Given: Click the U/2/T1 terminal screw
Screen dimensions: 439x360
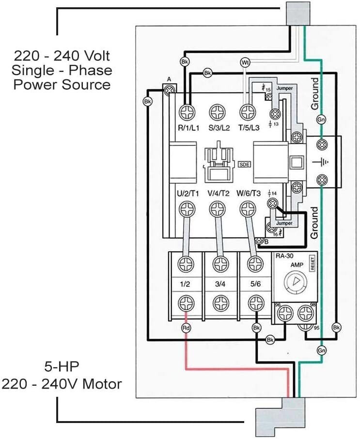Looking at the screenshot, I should [x=186, y=210].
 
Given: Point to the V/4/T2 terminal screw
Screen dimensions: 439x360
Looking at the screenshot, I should [x=217, y=210].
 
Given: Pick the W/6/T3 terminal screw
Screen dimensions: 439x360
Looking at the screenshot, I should [x=247, y=210].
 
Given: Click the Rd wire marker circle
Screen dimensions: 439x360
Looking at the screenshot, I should [x=186, y=328].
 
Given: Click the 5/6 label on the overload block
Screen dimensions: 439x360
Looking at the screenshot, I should [x=255, y=284].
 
